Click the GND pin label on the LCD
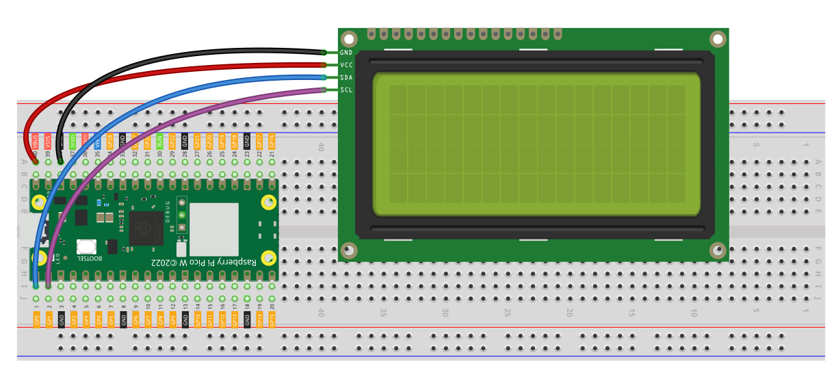pyautogui.click(x=346, y=53)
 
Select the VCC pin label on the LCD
pyautogui.click(x=346, y=65)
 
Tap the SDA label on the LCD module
pyautogui.click(x=346, y=77)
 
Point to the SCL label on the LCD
pyautogui.click(x=346, y=90)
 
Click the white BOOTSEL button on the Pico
pyautogui.click(x=86, y=247)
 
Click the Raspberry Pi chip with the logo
pyautogui.click(x=146, y=228)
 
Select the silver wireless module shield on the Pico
pyautogui.click(x=214, y=229)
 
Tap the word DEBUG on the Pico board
pyautogui.click(x=168, y=215)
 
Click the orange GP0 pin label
pyautogui.click(x=36, y=319)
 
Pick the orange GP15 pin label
pyautogui.click(x=272, y=319)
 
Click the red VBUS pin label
pyautogui.click(x=36, y=142)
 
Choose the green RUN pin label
pyautogui.click(x=160, y=142)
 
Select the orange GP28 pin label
pyautogui.click(x=110, y=142)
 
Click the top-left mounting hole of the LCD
pyautogui.click(x=349, y=39)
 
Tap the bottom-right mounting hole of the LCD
pyautogui.click(x=718, y=250)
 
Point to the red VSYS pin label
pyautogui.click(x=48, y=142)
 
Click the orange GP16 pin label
pyautogui.click(x=272, y=142)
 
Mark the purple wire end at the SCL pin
pyautogui.click(x=323, y=90)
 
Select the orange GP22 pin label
pyautogui.click(x=172, y=142)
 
